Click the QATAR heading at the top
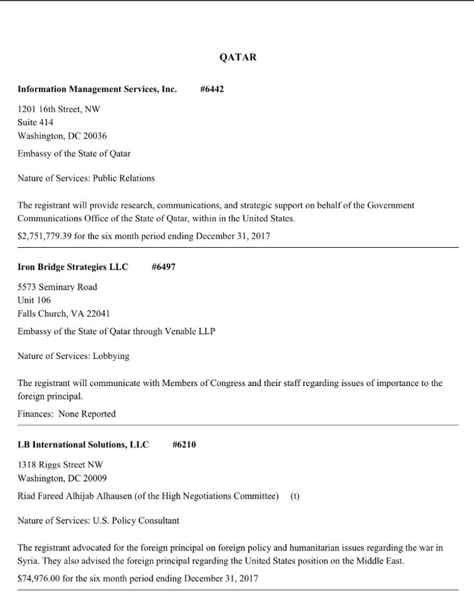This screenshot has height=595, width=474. coord(238,57)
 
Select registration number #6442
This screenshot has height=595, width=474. coord(212,89)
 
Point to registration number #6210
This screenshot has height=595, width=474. coord(184,445)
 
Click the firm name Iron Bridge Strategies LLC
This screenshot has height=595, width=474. coord(73,267)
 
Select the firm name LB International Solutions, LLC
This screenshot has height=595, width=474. coord(83,445)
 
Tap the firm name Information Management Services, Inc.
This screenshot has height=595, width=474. coord(97,89)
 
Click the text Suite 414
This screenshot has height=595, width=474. coord(35,122)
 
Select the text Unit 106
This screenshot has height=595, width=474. coord(34,300)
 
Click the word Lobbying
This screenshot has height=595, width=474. coord(111,356)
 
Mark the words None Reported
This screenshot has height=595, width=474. coord(87,414)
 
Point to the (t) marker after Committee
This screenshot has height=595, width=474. coord(294,496)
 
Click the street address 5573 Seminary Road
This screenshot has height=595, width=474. coord(57,287)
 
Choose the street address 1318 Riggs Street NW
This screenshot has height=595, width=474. coord(60,464)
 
